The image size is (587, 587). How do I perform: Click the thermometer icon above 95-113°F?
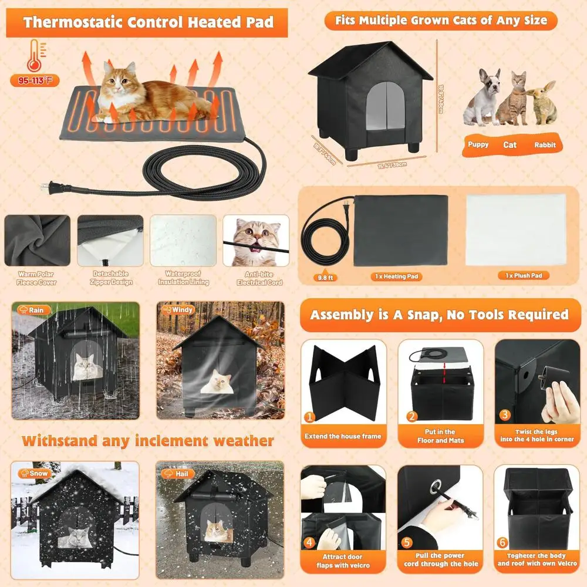tap(34, 56)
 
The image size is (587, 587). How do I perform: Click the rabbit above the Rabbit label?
tap(541, 103)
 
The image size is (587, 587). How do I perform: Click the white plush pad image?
tap(516, 230)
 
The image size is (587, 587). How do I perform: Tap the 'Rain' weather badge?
tap(32, 310)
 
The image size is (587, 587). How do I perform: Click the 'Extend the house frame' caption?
tap(343, 436)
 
